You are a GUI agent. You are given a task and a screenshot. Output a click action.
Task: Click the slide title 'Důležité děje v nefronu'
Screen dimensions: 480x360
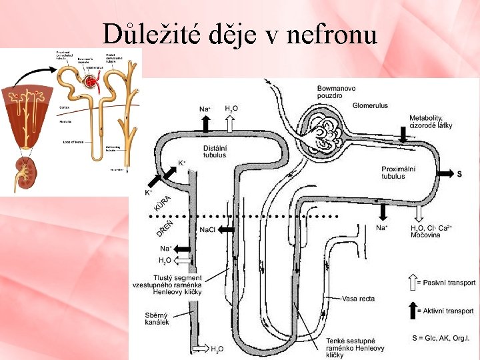(240, 33)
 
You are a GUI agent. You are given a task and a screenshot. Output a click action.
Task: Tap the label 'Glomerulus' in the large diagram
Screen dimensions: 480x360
(370, 105)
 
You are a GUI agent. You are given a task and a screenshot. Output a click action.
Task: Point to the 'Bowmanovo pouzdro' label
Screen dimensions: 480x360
(336, 91)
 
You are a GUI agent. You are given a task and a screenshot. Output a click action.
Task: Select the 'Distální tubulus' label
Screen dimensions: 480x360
(215, 151)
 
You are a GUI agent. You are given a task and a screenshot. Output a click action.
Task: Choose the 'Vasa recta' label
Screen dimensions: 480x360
(358, 298)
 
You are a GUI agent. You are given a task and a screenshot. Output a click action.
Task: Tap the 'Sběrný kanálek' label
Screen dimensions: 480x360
(157, 318)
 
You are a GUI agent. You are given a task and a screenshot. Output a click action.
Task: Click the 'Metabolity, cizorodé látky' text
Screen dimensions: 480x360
(431, 122)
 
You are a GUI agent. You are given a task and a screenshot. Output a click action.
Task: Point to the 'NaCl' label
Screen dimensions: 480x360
(207, 229)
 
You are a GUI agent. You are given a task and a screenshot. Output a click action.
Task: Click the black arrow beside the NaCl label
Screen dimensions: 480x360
(227, 229)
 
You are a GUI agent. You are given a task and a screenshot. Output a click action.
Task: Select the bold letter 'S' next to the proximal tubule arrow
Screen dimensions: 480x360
(459, 175)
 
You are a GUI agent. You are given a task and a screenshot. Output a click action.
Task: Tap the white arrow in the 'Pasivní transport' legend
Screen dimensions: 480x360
(411, 283)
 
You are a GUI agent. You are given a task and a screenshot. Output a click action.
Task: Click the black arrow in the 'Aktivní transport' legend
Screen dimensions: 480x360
(411, 311)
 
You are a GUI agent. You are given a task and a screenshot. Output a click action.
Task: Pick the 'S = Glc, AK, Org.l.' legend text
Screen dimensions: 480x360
(441, 339)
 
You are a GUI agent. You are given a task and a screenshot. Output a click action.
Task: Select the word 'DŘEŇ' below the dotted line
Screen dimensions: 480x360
(163, 228)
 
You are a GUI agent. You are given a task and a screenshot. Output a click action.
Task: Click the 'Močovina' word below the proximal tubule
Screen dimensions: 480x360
(425, 235)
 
